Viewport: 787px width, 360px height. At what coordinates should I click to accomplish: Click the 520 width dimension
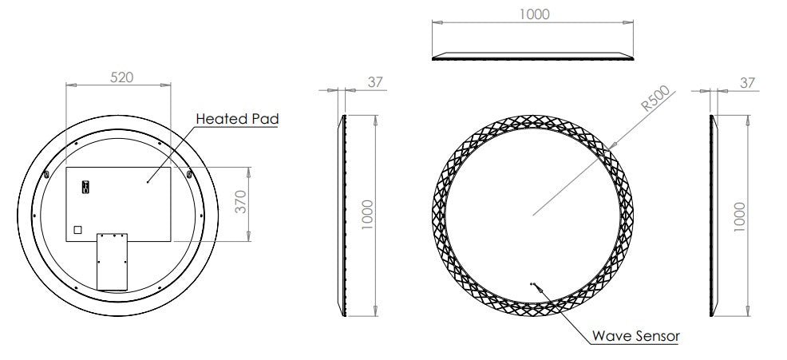point(121,77)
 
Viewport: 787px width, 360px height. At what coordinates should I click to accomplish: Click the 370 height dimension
point(241,201)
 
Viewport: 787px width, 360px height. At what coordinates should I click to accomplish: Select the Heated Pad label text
point(237,119)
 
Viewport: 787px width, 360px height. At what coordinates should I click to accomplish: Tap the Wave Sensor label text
point(635,336)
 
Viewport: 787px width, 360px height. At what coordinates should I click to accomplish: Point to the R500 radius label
point(655,98)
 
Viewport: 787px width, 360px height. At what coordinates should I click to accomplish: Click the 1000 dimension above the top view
point(534,14)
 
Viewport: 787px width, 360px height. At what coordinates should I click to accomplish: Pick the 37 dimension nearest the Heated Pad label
point(375,82)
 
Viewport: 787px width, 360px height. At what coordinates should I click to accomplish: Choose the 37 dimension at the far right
point(747,83)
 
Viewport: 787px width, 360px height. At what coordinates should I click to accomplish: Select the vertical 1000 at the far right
point(740,217)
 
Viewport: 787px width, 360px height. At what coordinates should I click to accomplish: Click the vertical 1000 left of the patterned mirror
point(367,215)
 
